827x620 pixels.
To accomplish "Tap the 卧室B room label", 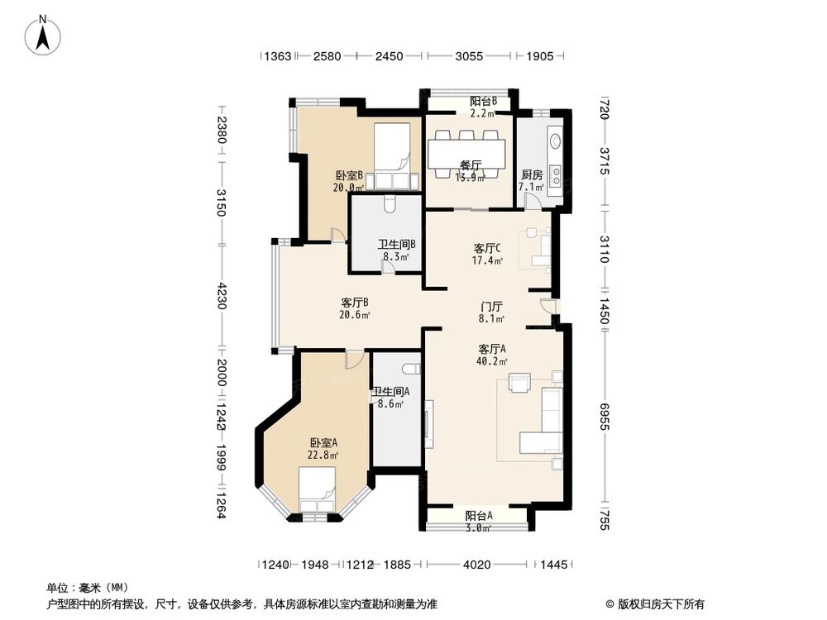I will pyautogui.click(x=349, y=181).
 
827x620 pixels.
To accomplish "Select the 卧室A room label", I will pyautogui.click(x=323, y=447).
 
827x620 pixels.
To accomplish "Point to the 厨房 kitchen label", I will pyautogui.click(x=531, y=181).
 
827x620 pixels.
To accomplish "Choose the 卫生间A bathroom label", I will pyautogui.click(x=390, y=398).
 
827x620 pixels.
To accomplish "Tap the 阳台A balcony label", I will pyautogui.click(x=478, y=521).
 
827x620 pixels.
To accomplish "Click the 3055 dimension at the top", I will pyautogui.click(x=469, y=56).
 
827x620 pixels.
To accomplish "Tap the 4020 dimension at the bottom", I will pyautogui.click(x=477, y=565).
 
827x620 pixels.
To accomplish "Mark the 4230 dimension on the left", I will pyautogui.click(x=221, y=296).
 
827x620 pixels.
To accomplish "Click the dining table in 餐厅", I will pyautogui.click(x=466, y=151).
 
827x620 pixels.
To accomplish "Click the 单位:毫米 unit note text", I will pyautogui.click(x=84, y=587).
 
